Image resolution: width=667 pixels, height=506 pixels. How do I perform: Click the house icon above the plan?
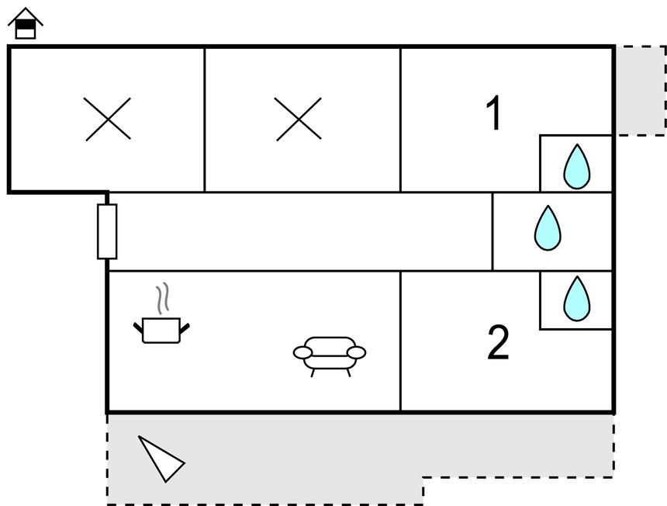tap(26, 24)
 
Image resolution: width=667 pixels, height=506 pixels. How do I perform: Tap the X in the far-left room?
tap(108, 119)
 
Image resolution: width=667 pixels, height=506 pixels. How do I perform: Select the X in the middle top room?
tap(299, 119)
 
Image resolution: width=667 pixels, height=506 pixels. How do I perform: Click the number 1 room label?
tap(494, 113)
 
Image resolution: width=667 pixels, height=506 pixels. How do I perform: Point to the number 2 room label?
tap(498, 342)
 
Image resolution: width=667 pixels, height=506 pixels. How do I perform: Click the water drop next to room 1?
tap(576, 166)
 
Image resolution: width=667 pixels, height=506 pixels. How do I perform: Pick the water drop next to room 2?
tap(576, 298)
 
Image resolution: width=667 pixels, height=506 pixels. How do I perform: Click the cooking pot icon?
tap(162, 329)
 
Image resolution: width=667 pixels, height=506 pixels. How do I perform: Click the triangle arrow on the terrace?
tap(161, 459)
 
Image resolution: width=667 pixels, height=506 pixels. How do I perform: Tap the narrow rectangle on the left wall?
tap(107, 231)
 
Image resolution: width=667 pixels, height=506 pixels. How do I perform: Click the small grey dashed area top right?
tap(640, 90)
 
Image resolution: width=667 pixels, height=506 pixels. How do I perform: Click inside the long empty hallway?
tap(299, 231)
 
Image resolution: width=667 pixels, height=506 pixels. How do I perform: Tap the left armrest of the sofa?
tap(302, 353)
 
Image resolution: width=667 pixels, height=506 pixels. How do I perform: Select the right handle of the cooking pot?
tap(185, 328)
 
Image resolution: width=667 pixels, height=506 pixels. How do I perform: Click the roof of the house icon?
tap(26, 15)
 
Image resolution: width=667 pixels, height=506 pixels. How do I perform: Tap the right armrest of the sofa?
tap(356, 353)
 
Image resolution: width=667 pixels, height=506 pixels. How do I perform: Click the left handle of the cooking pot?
tap(139, 329)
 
